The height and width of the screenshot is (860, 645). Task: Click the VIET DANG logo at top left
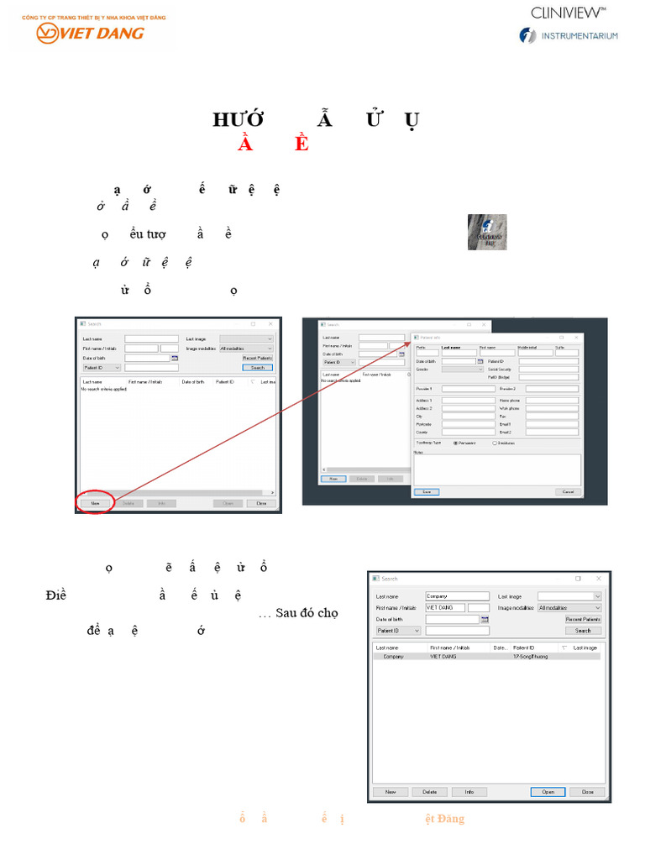point(90,33)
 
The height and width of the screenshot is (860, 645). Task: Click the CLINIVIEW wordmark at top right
point(569,12)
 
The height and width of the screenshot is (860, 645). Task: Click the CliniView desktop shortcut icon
point(487,232)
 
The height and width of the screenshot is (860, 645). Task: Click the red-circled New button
point(95,503)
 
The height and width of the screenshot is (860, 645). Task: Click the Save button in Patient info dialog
point(427,491)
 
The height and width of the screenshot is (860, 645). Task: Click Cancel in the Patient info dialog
point(568,491)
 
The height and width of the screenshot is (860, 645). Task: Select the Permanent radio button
point(456,443)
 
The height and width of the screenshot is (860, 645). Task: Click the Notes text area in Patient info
point(496,469)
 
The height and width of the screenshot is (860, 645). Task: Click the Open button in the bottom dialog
point(548,791)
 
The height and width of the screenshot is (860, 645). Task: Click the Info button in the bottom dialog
point(469,791)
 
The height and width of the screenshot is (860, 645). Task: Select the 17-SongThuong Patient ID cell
point(531,656)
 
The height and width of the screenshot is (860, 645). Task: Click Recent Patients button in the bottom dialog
point(583,619)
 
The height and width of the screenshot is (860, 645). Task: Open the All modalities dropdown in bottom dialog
point(569,607)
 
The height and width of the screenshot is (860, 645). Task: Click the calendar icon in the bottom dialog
point(485,619)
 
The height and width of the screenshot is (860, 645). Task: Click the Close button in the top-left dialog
point(261,503)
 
